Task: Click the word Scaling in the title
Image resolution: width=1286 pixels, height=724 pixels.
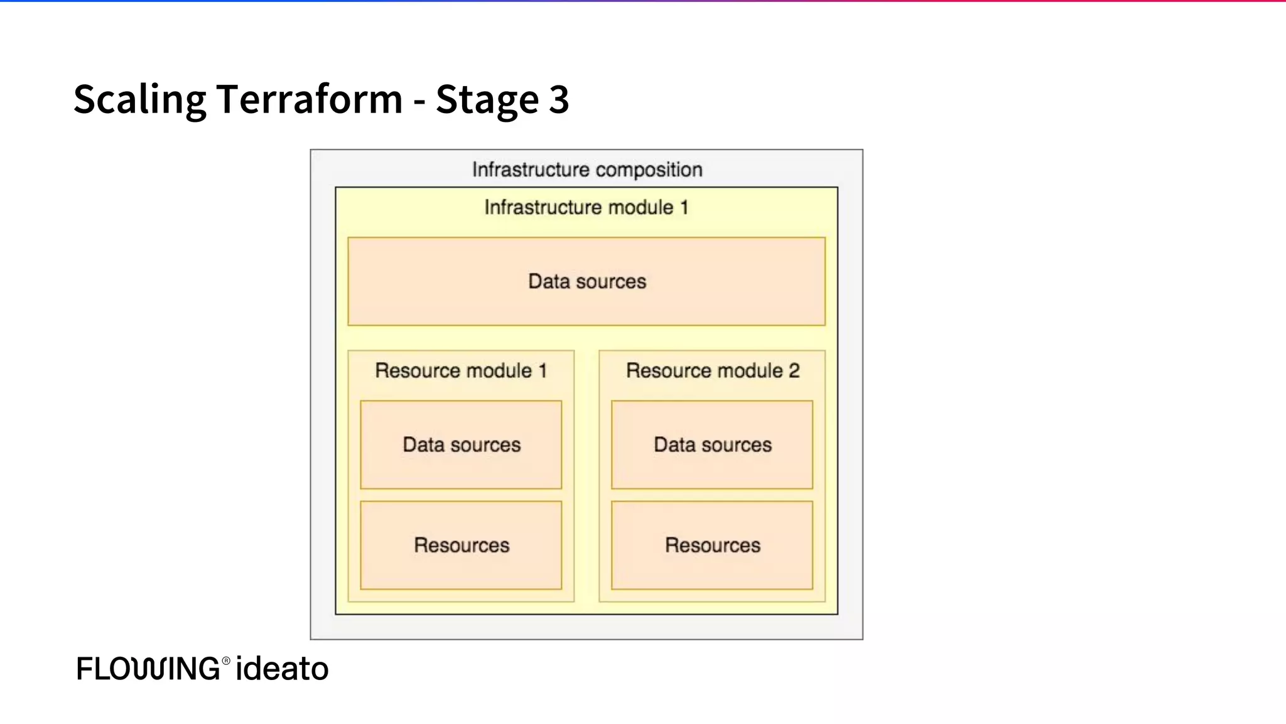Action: click(139, 99)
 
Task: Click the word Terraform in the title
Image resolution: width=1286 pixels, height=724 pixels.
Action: click(309, 99)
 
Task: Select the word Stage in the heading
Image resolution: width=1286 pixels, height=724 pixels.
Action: click(487, 99)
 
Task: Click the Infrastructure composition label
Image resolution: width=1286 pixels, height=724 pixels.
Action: click(586, 170)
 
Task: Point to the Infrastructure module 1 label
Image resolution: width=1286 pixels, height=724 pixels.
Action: click(586, 207)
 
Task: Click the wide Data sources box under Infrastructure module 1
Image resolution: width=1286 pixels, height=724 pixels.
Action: click(586, 282)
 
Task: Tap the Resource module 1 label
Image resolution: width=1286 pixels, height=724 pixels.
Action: click(461, 371)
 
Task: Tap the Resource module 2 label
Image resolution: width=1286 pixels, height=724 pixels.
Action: click(712, 371)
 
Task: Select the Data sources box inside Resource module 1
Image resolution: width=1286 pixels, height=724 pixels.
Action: click(461, 445)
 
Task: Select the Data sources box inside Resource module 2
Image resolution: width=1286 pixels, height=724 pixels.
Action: click(712, 445)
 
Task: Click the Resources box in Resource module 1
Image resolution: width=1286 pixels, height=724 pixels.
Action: click(461, 546)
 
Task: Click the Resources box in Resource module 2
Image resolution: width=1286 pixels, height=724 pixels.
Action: click(712, 546)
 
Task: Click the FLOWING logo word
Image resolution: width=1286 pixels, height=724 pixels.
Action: click(148, 669)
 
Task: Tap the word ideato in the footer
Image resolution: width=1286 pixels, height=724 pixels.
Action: click(282, 669)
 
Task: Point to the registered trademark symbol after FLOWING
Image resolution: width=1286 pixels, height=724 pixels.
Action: click(226, 661)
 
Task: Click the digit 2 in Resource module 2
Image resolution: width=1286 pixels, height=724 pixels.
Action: click(794, 371)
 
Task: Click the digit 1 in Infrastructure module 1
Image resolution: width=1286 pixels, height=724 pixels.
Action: click(684, 207)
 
